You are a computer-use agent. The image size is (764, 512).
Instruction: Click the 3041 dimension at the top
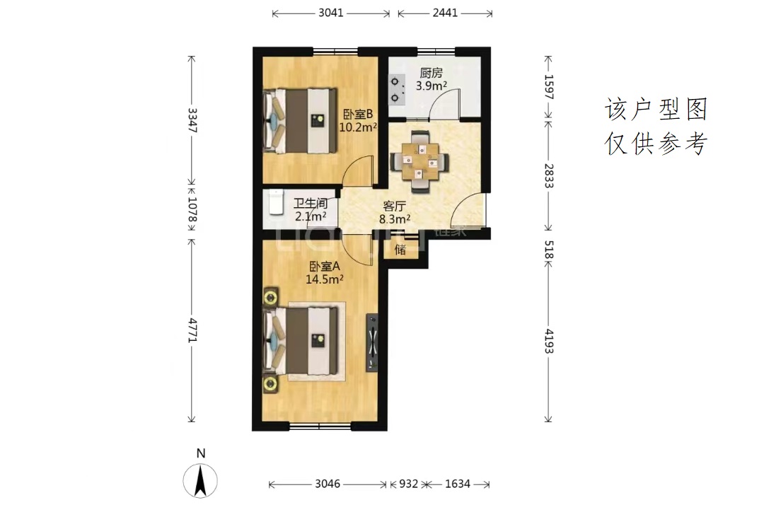(331, 13)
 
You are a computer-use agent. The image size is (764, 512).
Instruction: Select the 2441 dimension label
(445, 13)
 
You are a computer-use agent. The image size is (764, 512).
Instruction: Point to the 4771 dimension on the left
(192, 330)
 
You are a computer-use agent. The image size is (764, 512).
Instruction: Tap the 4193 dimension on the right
(549, 341)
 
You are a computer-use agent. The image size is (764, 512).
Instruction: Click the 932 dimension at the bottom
(408, 484)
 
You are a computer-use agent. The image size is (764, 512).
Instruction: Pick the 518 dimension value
(549, 250)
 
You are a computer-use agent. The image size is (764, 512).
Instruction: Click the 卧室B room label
(358, 115)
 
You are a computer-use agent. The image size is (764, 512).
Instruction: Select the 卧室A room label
(325, 267)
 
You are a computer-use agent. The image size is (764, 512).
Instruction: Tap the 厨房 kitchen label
(432, 73)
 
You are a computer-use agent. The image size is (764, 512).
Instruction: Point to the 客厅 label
(394, 206)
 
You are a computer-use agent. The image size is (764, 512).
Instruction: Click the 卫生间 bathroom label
(311, 203)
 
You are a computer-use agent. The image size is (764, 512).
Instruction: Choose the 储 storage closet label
(400, 250)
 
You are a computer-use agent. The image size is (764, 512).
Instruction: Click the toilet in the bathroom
(276, 202)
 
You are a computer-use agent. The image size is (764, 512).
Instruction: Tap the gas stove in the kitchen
(397, 90)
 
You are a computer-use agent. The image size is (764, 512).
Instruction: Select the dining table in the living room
(419, 161)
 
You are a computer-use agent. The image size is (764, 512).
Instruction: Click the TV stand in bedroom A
(372, 342)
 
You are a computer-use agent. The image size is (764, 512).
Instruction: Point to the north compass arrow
(200, 481)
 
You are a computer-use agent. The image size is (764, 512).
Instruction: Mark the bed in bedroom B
(301, 121)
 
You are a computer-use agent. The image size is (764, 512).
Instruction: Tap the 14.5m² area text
(325, 279)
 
